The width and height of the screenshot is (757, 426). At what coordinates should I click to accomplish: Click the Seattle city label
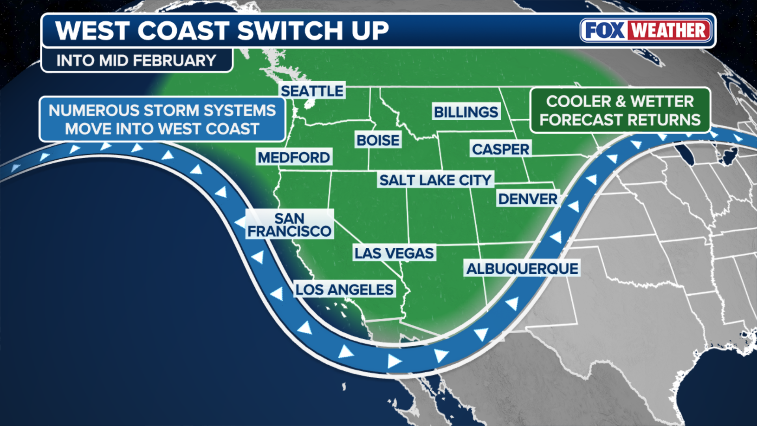312,91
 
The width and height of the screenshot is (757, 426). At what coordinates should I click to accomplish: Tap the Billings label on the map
466,112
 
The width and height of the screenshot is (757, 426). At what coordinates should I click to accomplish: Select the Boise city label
378,140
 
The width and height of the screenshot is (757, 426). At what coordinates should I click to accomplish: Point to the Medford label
294,157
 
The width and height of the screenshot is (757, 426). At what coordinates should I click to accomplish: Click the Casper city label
500,149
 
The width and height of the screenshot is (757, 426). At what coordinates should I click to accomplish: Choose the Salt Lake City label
435,180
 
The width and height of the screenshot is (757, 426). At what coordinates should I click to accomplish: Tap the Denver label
528,199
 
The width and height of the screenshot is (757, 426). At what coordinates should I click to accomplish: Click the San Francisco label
289,224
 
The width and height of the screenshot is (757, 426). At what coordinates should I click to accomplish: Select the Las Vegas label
394,253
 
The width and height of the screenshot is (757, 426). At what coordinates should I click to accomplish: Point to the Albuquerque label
522,269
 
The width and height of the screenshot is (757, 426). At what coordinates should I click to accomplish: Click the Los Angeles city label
344,290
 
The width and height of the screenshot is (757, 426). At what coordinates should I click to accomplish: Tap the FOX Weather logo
646,30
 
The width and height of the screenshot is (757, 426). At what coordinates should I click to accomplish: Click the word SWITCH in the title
290,30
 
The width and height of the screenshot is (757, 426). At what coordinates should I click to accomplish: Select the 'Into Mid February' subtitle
136,60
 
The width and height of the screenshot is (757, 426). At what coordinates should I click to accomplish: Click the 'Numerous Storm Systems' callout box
162,119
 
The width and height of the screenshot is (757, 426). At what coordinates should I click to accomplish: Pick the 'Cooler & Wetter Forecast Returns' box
620,110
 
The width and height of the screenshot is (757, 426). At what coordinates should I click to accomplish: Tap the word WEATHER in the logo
669,30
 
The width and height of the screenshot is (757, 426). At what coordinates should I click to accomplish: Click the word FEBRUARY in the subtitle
174,60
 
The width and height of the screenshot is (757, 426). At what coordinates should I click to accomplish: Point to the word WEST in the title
93,30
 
